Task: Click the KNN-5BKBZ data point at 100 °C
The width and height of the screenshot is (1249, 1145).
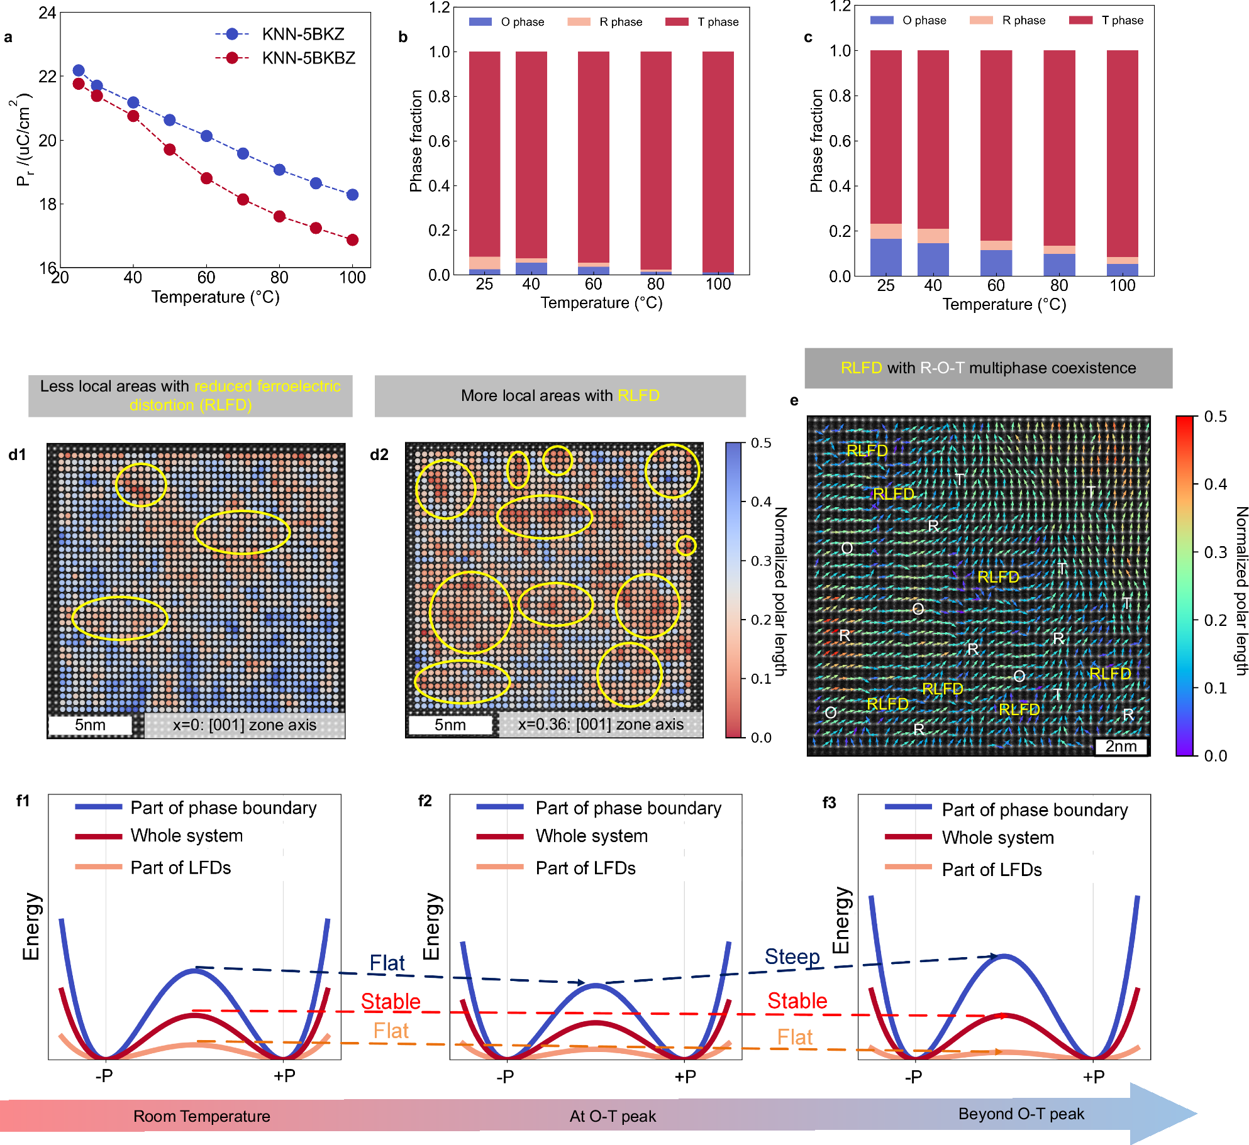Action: point(352,239)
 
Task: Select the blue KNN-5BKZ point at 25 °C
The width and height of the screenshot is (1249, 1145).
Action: point(79,70)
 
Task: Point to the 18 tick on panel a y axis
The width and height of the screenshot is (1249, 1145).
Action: point(48,204)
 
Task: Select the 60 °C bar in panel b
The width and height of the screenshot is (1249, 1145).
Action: point(593,163)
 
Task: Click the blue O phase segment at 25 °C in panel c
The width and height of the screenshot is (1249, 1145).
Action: point(885,258)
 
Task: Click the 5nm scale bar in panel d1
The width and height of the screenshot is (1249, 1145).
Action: point(91,725)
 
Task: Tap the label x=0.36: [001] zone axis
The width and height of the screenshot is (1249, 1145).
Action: point(600,724)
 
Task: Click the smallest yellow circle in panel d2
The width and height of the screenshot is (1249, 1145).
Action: point(686,545)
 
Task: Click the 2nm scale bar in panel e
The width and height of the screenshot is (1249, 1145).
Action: point(1121,746)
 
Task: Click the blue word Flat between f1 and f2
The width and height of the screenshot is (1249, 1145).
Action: point(387,963)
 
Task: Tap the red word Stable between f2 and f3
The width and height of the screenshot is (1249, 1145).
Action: point(797,1000)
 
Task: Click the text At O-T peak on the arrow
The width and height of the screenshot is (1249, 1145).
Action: point(613,1116)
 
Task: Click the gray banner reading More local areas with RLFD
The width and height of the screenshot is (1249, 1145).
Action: point(560,395)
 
